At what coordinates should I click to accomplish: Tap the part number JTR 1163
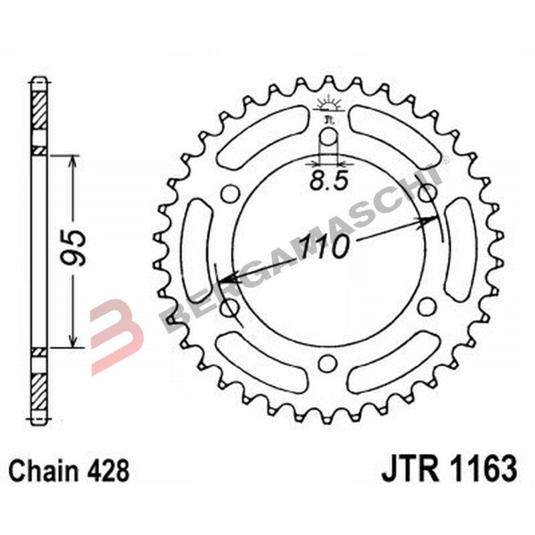449,469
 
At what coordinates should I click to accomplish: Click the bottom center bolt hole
328,363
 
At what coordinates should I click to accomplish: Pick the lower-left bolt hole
230,307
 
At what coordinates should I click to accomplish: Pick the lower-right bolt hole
426,307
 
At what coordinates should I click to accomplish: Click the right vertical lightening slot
459,250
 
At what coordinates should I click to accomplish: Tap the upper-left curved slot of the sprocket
257,136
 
